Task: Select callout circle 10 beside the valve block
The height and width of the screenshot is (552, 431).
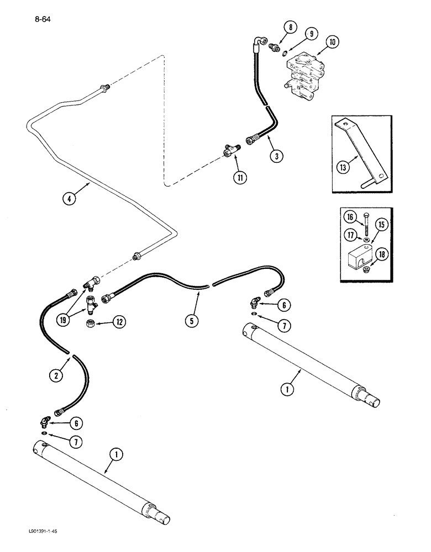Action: pyautogui.click(x=334, y=43)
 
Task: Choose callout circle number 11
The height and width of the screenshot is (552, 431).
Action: pyautogui.click(x=240, y=178)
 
